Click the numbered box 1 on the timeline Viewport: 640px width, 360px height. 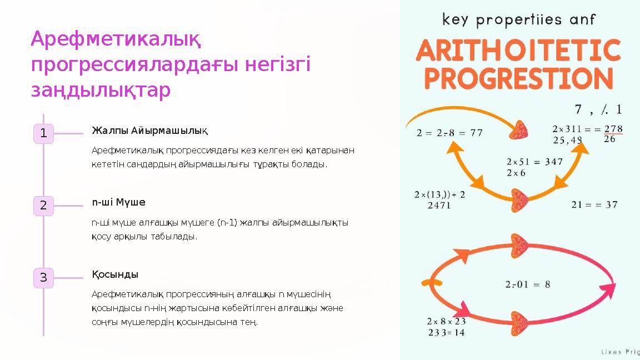(43, 133)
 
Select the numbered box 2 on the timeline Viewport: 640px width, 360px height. (43, 206)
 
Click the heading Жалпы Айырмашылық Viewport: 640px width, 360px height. (149, 131)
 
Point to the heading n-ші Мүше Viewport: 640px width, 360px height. (118, 202)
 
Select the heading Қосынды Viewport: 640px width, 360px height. (115, 274)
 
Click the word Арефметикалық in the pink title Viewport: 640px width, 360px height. (116, 39)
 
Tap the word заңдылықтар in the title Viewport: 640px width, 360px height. (101, 91)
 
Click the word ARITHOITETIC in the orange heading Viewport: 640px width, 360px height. (518, 52)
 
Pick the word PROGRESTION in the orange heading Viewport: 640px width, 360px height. (518, 78)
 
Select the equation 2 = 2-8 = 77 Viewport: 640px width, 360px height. (449, 133)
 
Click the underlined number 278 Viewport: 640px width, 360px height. (609, 128)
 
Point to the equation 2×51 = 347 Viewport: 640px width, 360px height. (534, 162)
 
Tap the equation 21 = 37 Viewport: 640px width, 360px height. (594, 204)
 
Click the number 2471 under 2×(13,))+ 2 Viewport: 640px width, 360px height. (439, 206)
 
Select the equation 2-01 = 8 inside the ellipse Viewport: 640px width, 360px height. (528, 284)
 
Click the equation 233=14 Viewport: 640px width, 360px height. (446, 332)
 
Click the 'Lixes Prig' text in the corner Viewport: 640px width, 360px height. (621, 352)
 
